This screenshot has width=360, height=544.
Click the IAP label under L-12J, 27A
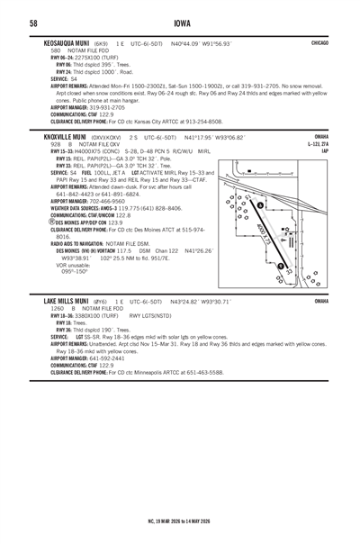click(x=324, y=150)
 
